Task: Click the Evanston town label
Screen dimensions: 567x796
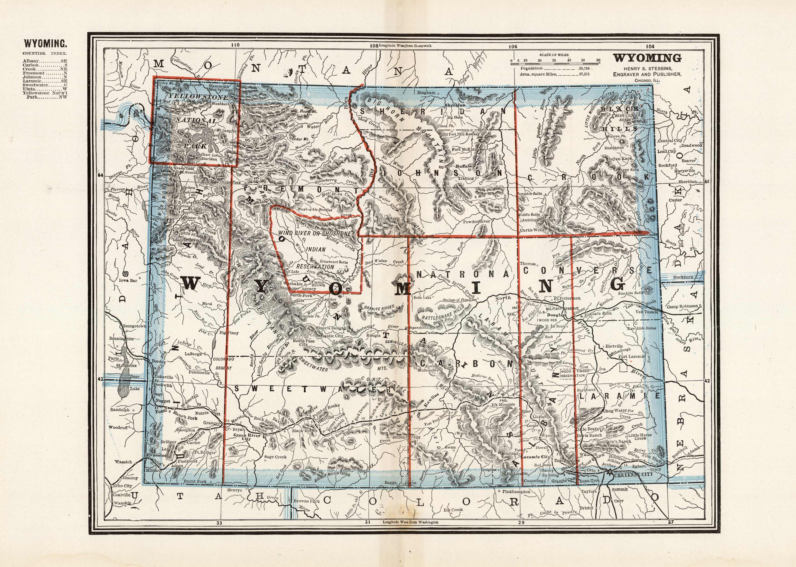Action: [157, 455]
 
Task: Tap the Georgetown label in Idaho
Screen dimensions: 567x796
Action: [134, 326]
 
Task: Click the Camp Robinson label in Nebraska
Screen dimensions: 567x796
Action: [682, 306]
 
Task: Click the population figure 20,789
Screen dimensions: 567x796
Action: [584, 68]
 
